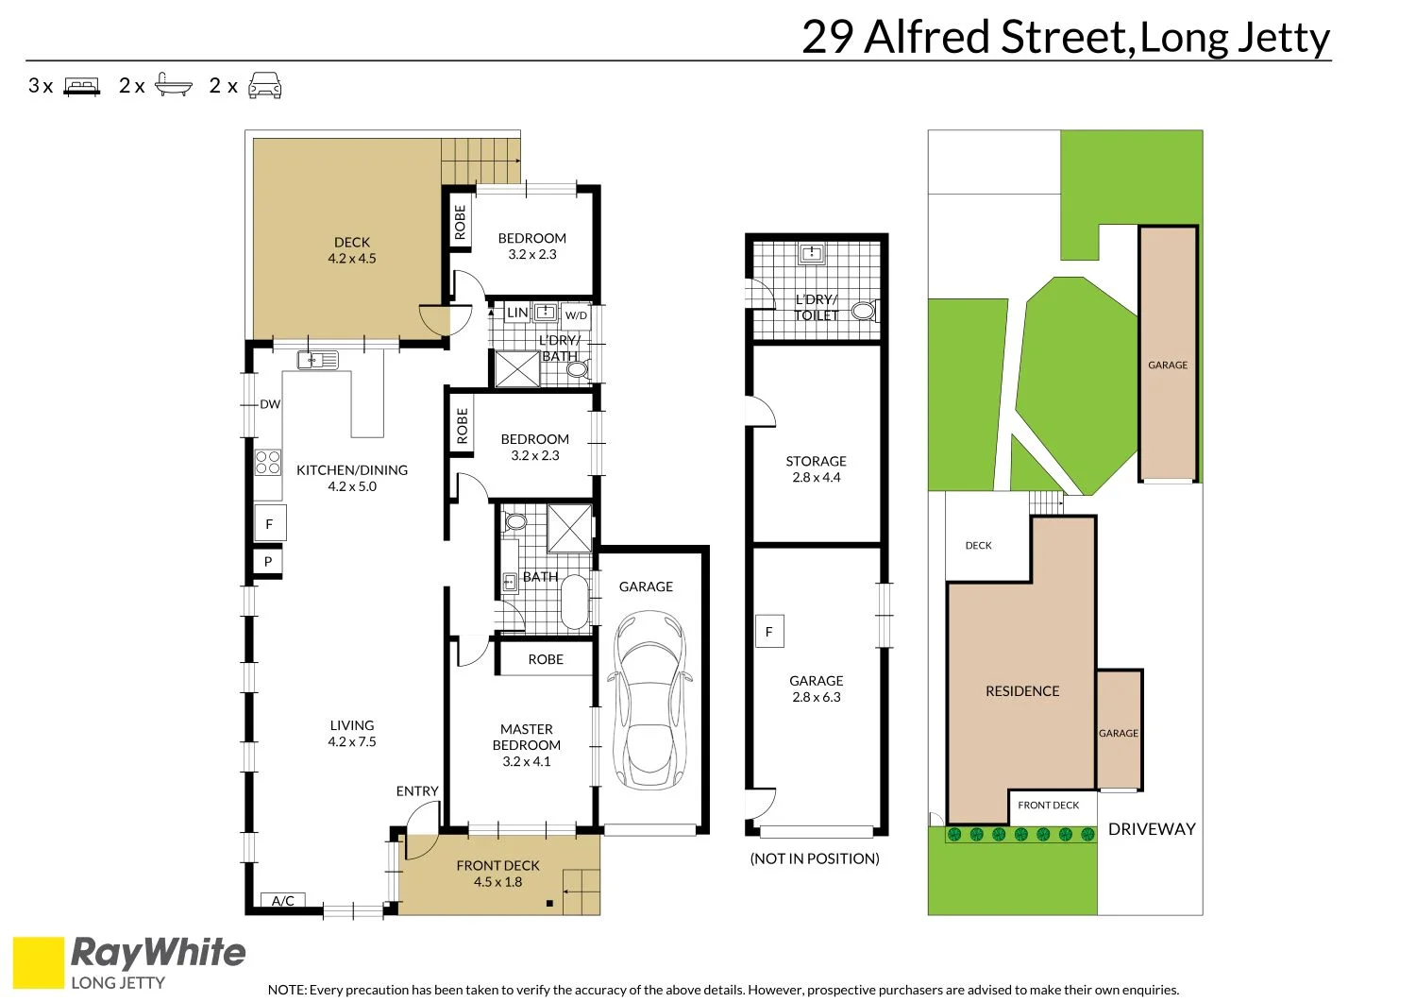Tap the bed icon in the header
point(82,87)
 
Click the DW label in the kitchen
point(270,404)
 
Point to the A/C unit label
point(283,901)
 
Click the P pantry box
point(268,562)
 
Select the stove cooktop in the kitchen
point(268,462)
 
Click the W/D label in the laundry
point(576,315)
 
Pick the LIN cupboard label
point(517,313)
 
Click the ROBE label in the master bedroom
point(546,659)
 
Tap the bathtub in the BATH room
point(574,603)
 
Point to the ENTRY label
point(417,791)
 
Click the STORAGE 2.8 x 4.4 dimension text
point(817,478)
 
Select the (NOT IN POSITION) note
point(815,858)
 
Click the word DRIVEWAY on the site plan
point(1152,829)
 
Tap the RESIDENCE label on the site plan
point(1022,691)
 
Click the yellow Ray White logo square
point(39,962)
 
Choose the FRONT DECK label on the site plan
point(1048,806)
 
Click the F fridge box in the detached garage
point(769,632)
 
